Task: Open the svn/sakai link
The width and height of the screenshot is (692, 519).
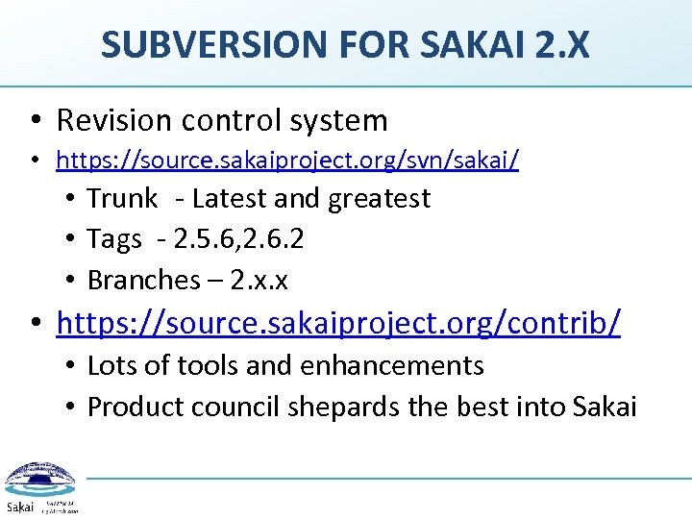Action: [287, 160]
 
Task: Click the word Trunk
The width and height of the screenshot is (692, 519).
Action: [122, 199]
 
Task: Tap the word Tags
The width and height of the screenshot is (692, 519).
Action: [114, 239]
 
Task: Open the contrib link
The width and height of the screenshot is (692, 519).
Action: [338, 324]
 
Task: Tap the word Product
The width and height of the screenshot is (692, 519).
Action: [136, 407]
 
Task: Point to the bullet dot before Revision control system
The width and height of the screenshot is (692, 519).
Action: [34, 121]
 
